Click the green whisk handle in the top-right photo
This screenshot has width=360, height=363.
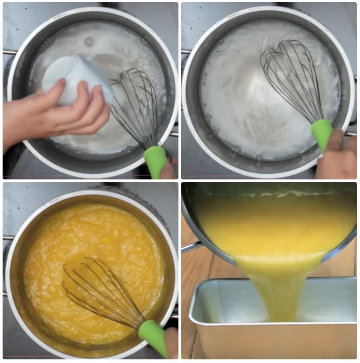[x=321, y=133]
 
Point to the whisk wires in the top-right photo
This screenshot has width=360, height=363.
[x=292, y=73]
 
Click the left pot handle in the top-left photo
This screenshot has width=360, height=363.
[x=7, y=52]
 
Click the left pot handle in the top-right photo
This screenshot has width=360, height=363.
[x=185, y=51]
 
